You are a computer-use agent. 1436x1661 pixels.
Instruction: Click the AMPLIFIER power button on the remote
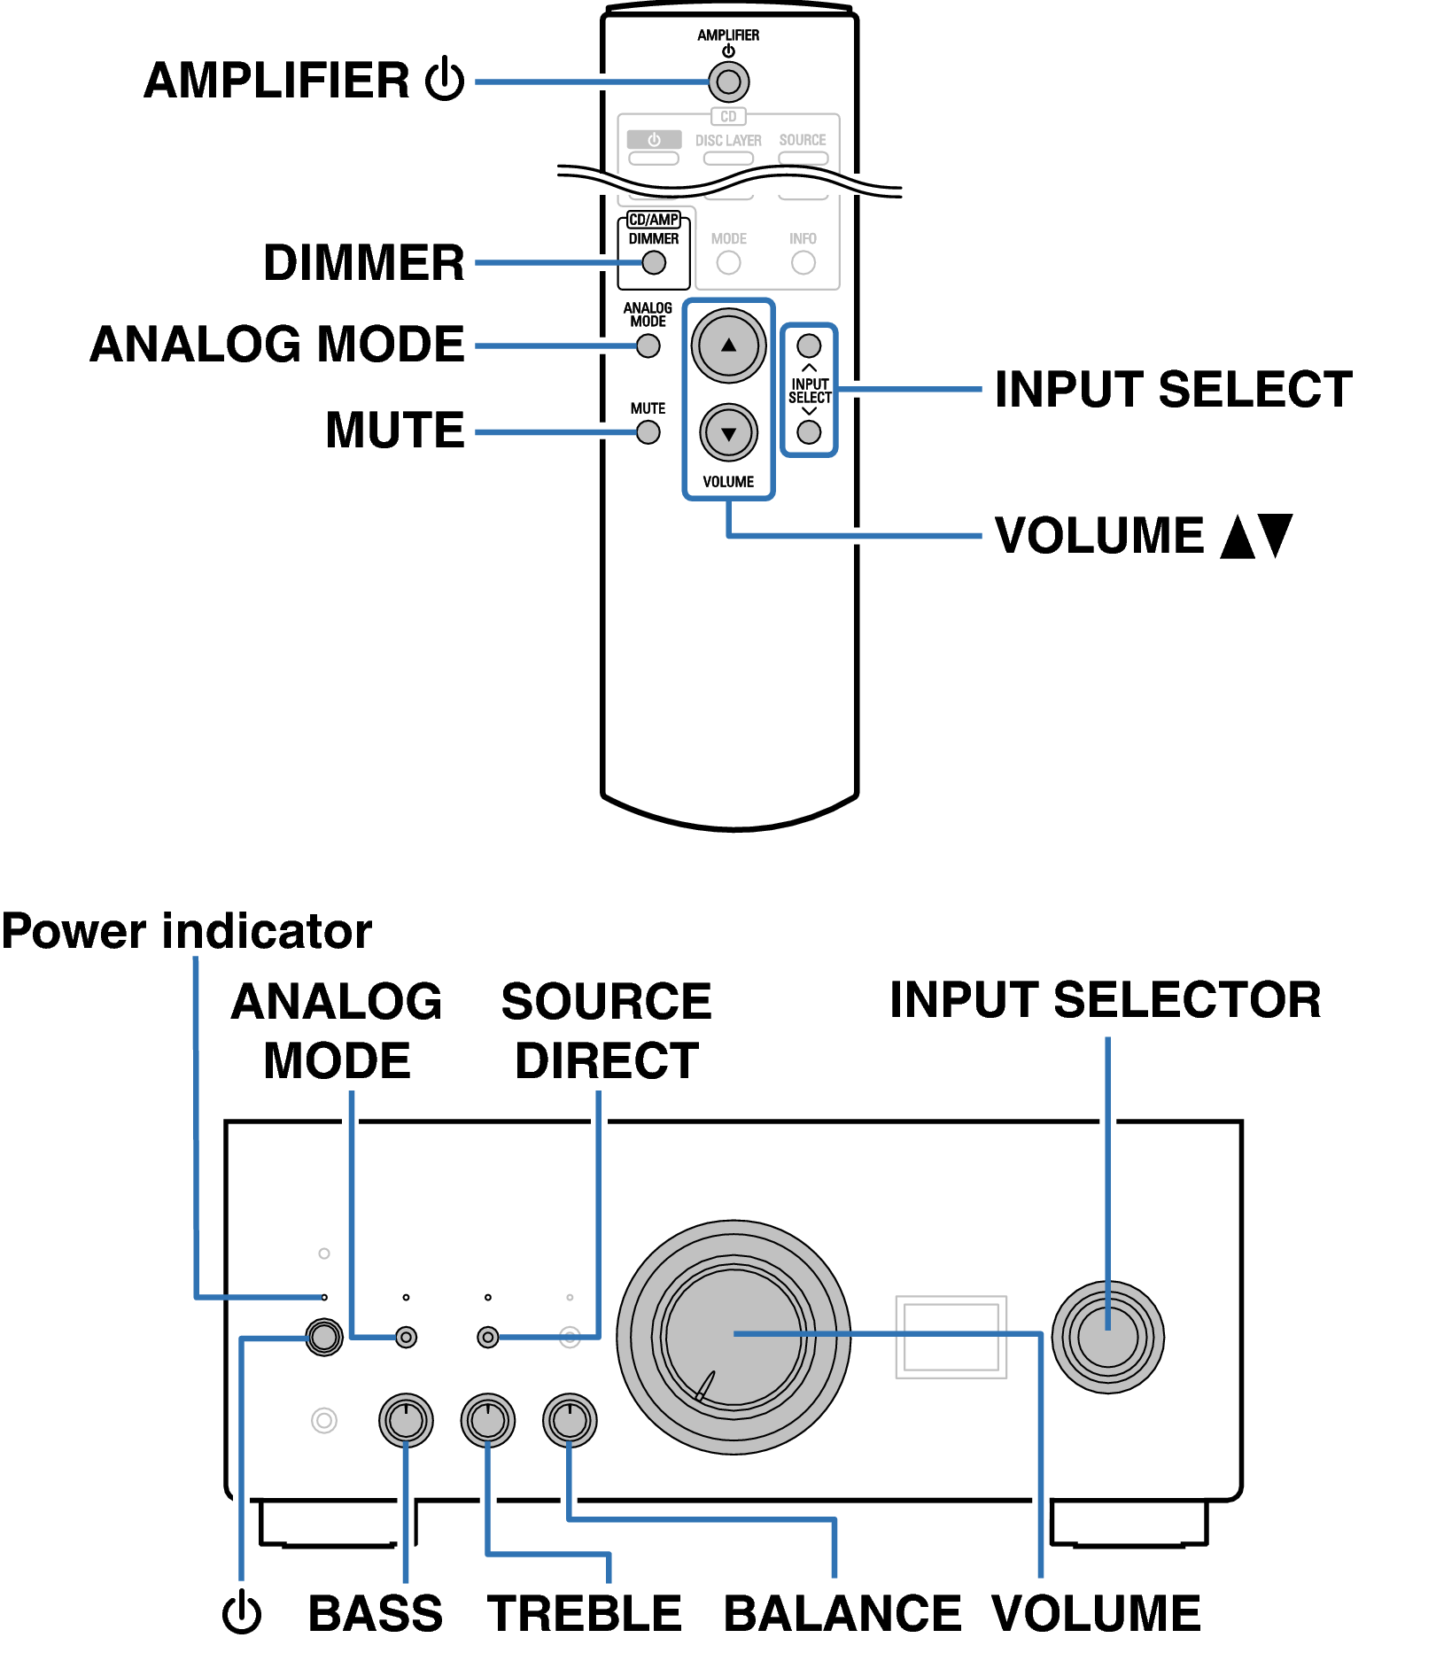[x=728, y=82]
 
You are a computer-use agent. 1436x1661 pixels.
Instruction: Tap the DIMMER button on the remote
[x=654, y=263]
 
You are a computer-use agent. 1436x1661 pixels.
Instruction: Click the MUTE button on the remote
[x=648, y=432]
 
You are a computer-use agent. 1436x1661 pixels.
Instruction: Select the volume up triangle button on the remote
[x=728, y=345]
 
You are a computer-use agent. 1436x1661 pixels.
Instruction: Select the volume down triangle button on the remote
[x=728, y=433]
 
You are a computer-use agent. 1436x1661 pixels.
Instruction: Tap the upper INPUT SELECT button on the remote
[x=809, y=345]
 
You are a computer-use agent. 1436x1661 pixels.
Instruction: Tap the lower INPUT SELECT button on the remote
[x=809, y=432]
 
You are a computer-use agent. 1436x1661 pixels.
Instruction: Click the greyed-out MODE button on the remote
[x=728, y=263]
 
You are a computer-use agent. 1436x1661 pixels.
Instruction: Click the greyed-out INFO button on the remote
[x=803, y=263]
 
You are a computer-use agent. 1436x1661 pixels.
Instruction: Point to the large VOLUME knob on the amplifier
[x=734, y=1337]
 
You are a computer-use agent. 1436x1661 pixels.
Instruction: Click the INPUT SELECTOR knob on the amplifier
[x=1107, y=1337]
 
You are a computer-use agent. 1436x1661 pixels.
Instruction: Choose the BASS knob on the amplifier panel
[x=406, y=1420]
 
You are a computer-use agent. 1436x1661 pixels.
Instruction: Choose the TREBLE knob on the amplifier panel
[x=487, y=1420]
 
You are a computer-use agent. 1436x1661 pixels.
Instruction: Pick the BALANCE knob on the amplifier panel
[x=569, y=1420]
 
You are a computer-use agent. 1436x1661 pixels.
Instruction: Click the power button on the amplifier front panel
[x=324, y=1337]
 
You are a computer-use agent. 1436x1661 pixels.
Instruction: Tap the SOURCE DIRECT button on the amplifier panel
[x=487, y=1337]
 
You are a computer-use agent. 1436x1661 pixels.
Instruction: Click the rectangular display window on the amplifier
[x=951, y=1337]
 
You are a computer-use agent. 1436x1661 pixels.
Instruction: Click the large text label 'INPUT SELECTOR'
[x=1105, y=1000]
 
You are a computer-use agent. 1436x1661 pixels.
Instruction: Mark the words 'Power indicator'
[x=187, y=931]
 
